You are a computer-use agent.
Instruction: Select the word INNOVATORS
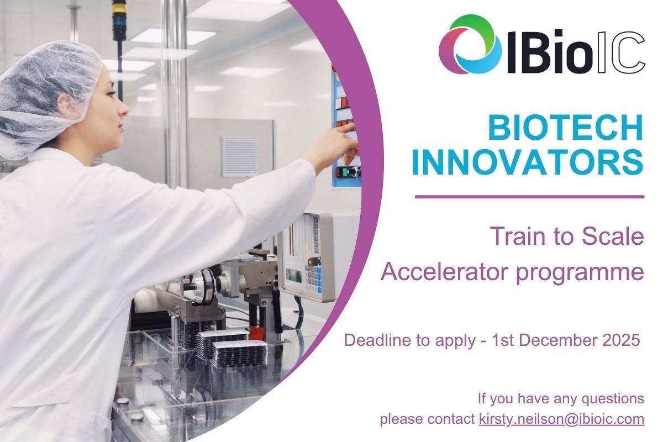[x=528, y=162]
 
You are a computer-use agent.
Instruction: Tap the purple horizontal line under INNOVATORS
[x=529, y=196]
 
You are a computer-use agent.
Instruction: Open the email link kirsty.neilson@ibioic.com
[x=561, y=419]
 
